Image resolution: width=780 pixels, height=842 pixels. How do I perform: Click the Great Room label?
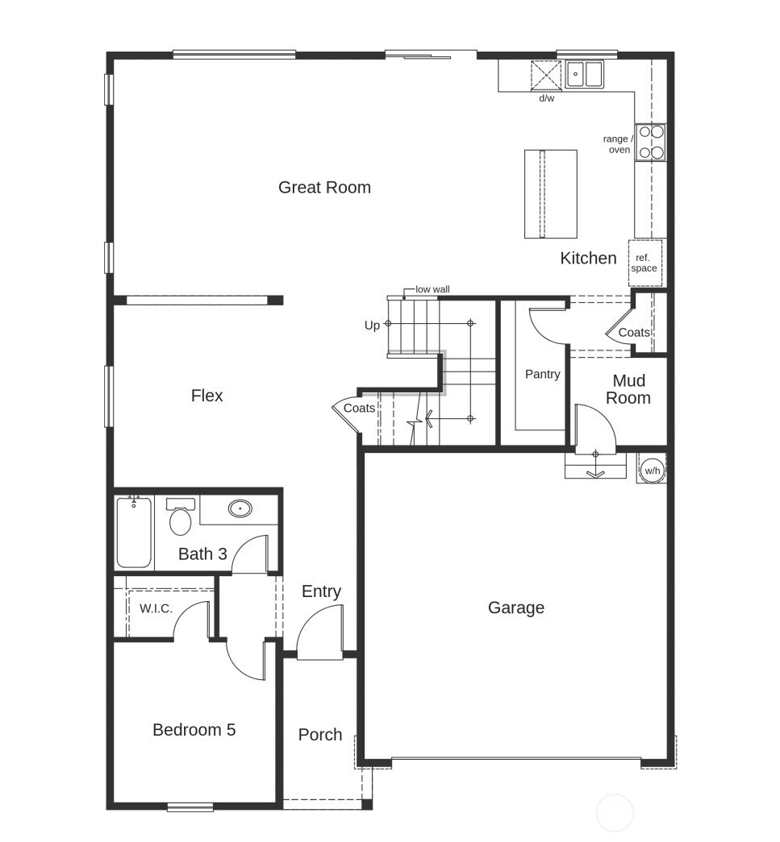(324, 188)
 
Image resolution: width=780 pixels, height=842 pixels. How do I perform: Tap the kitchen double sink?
(585, 74)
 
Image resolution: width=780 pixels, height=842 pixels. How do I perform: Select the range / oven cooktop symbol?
(650, 143)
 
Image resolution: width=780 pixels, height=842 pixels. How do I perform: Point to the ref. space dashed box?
(644, 263)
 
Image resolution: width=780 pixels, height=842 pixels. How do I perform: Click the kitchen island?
(551, 193)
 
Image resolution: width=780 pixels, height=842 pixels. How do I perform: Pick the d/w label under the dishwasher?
(546, 98)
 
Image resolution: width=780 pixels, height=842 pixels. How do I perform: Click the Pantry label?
(542, 375)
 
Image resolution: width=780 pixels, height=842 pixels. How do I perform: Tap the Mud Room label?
(628, 389)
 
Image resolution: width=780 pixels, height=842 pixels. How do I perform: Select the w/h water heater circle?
(652, 470)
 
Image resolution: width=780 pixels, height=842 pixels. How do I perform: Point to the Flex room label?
(206, 396)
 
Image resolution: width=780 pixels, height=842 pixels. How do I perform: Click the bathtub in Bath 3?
(134, 532)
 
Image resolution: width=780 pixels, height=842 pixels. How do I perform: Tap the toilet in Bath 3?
(181, 518)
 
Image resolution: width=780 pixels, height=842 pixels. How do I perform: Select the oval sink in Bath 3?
(240, 508)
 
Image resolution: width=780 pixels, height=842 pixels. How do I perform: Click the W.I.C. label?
(156, 609)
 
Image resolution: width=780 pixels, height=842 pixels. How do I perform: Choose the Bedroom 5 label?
(194, 730)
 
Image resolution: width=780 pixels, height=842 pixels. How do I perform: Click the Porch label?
(319, 735)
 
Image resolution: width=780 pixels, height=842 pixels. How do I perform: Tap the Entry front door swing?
(321, 634)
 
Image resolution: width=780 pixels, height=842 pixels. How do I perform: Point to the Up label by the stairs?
(372, 326)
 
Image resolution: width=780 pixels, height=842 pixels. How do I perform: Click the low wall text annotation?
(432, 289)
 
